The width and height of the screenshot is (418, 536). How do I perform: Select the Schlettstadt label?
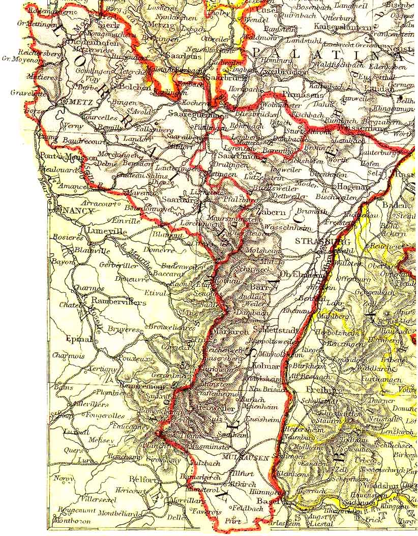click(x=275, y=330)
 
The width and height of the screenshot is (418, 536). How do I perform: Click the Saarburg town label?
click(x=178, y=200)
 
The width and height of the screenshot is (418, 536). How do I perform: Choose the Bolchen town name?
click(x=135, y=87)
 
